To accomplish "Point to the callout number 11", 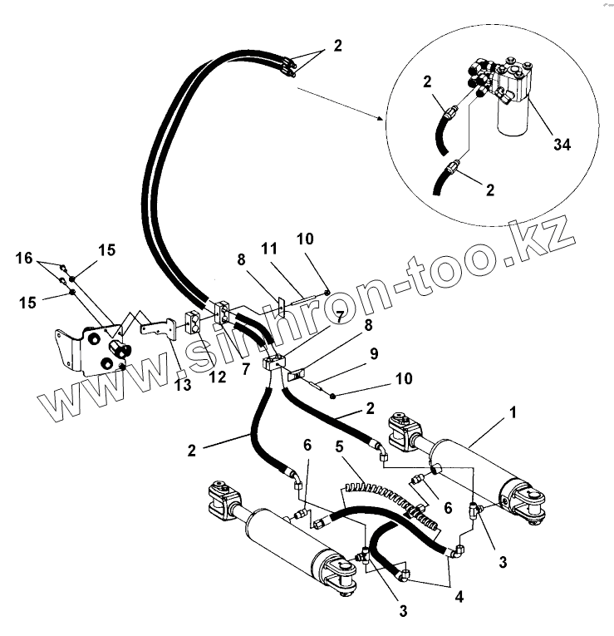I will click(269, 249).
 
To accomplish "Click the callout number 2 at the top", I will click(337, 47).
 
